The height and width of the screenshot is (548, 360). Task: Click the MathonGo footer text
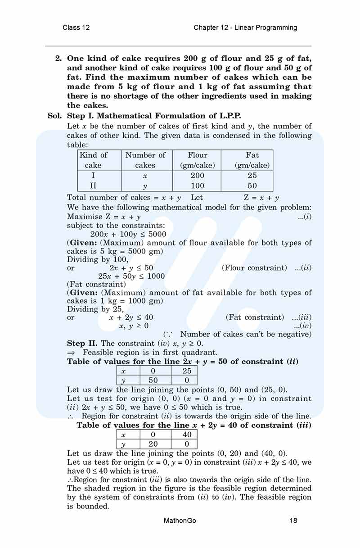coord(180,521)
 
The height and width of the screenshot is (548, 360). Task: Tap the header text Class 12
coord(76,27)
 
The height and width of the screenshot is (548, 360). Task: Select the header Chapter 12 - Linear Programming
coord(245,27)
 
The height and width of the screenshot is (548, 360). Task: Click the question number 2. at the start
coord(58,59)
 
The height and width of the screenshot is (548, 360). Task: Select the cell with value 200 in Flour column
coord(197,176)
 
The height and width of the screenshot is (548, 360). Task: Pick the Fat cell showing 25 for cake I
coord(252,176)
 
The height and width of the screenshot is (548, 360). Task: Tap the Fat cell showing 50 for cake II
coord(252,186)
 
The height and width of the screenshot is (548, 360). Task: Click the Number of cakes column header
coord(145,160)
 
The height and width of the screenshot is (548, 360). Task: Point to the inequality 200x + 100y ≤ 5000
coord(128,234)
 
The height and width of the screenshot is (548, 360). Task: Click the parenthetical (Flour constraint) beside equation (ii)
coord(254,268)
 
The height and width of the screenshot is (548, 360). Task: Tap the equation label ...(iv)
coord(302,326)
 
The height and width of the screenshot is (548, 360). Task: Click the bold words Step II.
coord(82,343)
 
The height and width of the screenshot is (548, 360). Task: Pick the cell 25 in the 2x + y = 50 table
coord(187,371)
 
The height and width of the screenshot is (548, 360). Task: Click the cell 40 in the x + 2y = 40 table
coord(187,435)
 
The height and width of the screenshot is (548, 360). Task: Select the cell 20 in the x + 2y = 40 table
coord(156,444)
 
